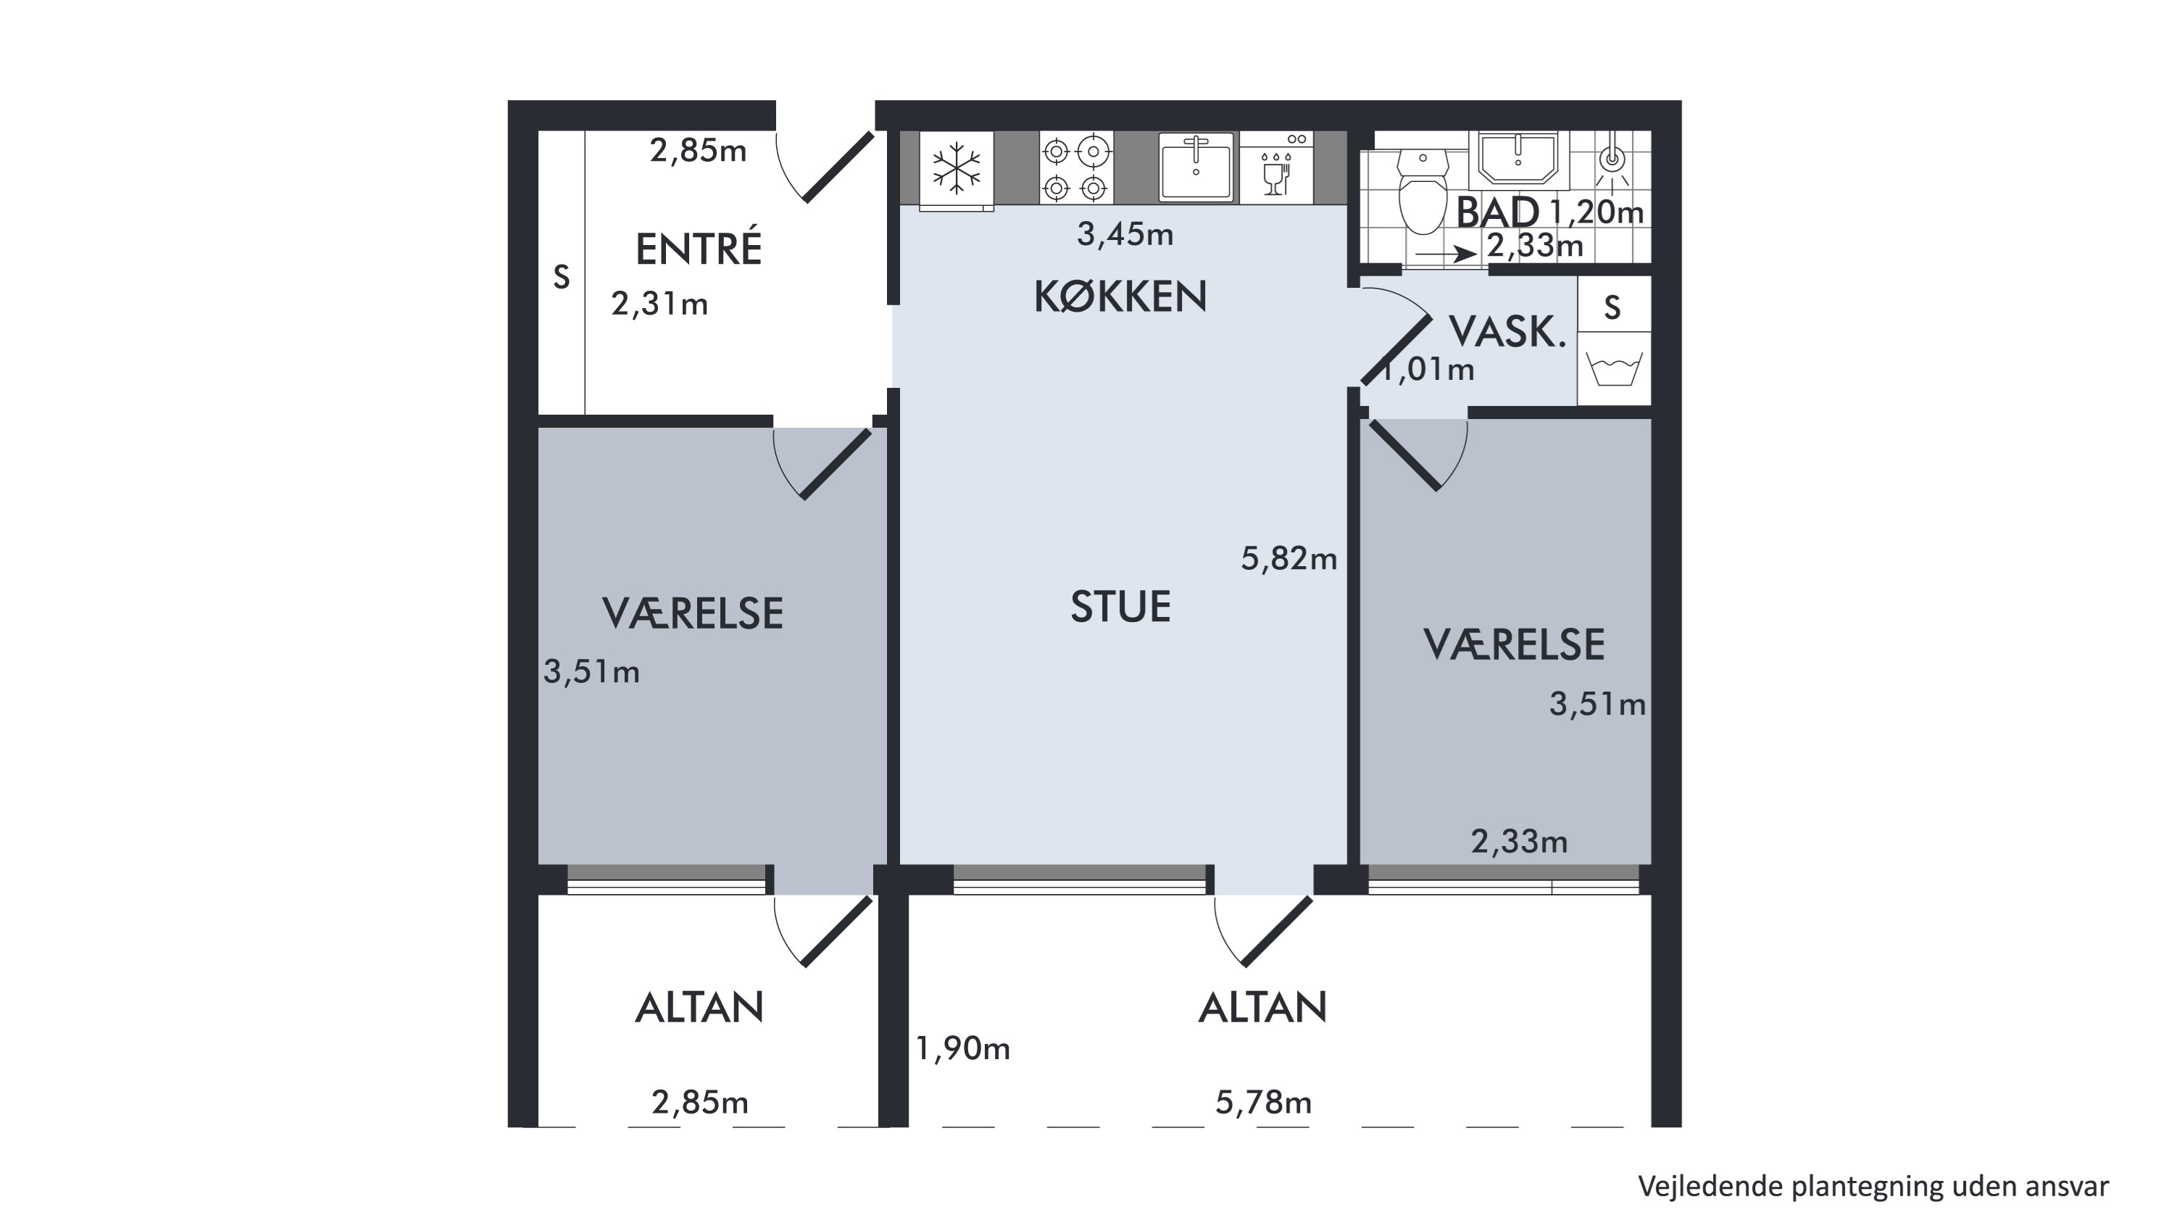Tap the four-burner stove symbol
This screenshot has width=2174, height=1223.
[1076, 167]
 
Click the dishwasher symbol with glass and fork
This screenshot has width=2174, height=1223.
[1276, 167]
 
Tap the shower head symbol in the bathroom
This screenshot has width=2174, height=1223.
[1612, 160]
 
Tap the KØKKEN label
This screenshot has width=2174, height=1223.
[1121, 297]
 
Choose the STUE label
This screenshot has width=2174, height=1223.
[1121, 607]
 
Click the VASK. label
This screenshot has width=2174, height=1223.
[1507, 332]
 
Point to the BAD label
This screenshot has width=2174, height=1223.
[1497, 212]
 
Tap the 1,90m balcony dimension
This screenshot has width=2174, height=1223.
[963, 1048]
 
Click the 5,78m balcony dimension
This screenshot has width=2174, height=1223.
[1263, 1103]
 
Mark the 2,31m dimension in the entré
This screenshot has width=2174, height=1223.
[660, 304]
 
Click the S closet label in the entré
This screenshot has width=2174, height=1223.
[561, 277]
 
